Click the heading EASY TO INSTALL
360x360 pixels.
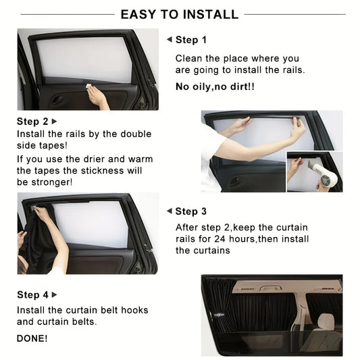point(179,14)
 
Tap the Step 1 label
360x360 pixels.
point(191,40)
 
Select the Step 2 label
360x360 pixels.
point(32,122)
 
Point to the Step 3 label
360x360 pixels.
point(191,211)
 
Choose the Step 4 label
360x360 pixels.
point(32,294)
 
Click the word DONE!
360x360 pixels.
point(32,338)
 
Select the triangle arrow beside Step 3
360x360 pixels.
point(170,211)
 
